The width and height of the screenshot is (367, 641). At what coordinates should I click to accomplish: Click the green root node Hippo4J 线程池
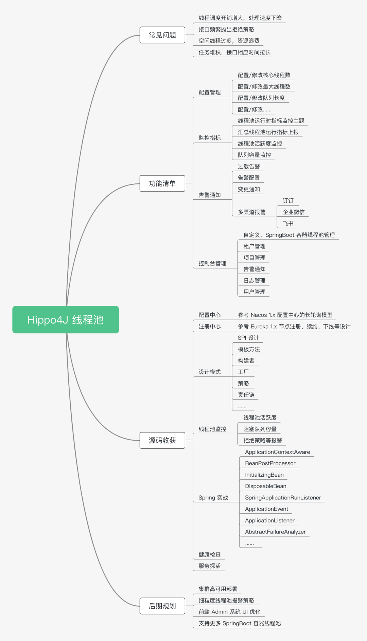pyautogui.click(x=66, y=319)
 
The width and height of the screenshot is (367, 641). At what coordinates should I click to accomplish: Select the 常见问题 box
pyautogui.click(x=162, y=35)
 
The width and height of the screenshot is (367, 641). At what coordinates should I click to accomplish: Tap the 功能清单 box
pyautogui.click(x=162, y=184)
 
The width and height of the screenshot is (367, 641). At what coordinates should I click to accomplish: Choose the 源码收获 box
pyautogui.click(x=162, y=440)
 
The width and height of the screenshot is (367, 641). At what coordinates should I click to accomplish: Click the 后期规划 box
pyautogui.click(x=162, y=606)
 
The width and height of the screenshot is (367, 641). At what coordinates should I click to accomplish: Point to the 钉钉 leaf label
pyautogui.click(x=288, y=201)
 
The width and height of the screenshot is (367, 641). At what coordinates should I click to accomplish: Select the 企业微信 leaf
pyautogui.click(x=294, y=212)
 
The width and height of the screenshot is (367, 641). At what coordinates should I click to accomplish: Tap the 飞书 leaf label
pyautogui.click(x=288, y=224)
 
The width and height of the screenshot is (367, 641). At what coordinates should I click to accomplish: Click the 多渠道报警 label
pyautogui.click(x=251, y=212)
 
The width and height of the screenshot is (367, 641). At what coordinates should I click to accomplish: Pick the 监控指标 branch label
pyautogui.click(x=210, y=138)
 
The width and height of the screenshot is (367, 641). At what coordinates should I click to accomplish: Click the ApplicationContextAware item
pyautogui.click(x=277, y=452)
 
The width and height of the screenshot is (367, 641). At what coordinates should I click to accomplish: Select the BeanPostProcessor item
pyautogui.click(x=270, y=463)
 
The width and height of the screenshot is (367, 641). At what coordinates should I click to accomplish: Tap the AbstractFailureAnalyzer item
pyautogui.click(x=275, y=532)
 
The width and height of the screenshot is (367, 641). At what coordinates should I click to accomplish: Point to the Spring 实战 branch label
pyautogui.click(x=213, y=498)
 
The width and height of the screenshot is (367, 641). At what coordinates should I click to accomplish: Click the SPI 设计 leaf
pyautogui.click(x=248, y=338)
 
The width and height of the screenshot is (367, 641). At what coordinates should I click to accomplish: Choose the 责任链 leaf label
pyautogui.click(x=246, y=395)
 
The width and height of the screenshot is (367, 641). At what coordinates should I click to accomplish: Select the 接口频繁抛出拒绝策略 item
pyautogui.click(x=226, y=30)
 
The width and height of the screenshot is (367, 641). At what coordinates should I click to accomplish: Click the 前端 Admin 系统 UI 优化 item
pyautogui.click(x=229, y=612)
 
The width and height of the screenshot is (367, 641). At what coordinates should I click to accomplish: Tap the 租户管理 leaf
pyautogui.click(x=254, y=246)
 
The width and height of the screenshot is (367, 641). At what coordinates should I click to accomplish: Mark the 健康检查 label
pyautogui.click(x=210, y=555)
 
